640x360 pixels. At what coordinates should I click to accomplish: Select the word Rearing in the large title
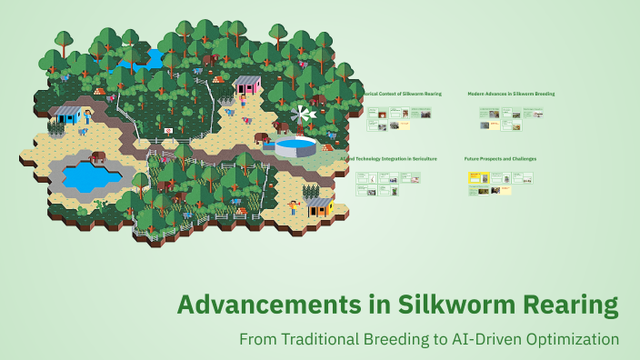coord(566,305)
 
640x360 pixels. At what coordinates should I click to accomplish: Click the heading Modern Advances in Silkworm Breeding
coord(510,94)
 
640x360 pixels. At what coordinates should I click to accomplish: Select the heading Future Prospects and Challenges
coord(500,158)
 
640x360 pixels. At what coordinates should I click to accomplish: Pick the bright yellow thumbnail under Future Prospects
coord(473,180)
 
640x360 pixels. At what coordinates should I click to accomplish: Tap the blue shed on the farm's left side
coord(68,115)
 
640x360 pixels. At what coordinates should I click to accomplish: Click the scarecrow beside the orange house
coord(295,210)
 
